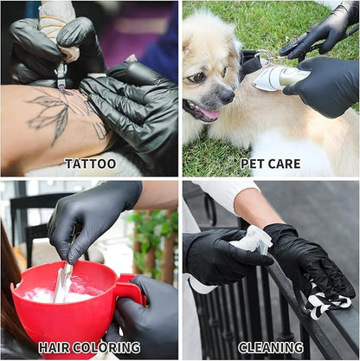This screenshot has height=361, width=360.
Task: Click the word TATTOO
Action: click(91, 164)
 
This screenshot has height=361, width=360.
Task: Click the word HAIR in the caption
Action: click(55, 347)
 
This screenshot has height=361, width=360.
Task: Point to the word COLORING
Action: click(106, 347)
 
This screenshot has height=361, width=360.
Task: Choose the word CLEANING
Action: click(271, 347)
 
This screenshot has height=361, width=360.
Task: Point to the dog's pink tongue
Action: click(210, 113)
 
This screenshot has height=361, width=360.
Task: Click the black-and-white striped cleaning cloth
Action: click(327, 301)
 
